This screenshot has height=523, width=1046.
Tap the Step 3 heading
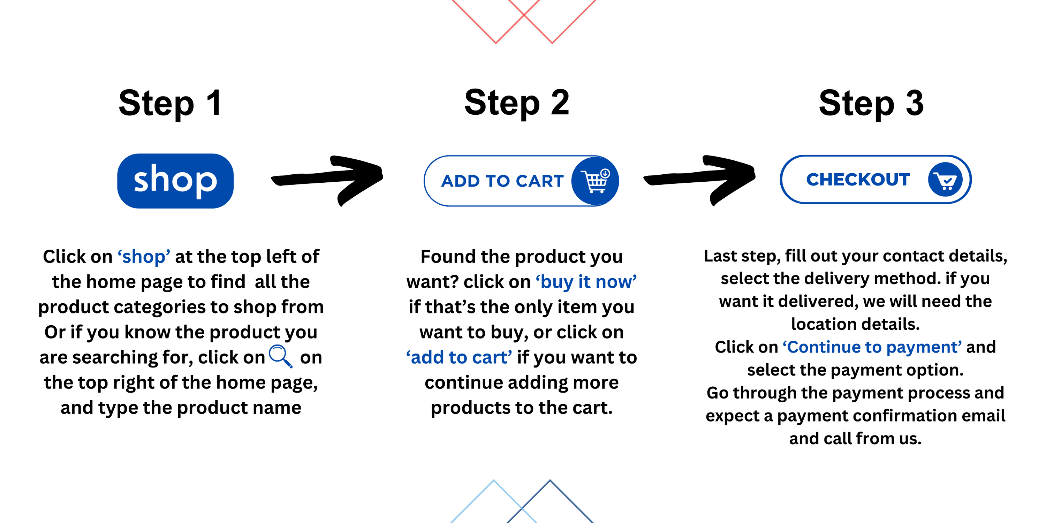pyautogui.click(x=871, y=104)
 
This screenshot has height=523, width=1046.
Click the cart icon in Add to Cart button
pyautogui.click(x=595, y=181)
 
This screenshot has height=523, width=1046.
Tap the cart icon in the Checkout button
pyautogui.click(x=945, y=180)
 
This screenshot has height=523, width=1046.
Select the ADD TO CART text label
pyautogui.click(x=502, y=181)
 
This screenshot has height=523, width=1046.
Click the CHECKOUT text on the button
pyautogui.click(x=858, y=180)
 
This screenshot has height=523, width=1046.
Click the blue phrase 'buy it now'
pyautogui.click(x=586, y=282)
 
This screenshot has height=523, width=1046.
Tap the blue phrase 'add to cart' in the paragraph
pyautogui.click(x=459, y=357)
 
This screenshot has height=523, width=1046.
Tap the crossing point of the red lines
pyautogui.click(x=524, y=15)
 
